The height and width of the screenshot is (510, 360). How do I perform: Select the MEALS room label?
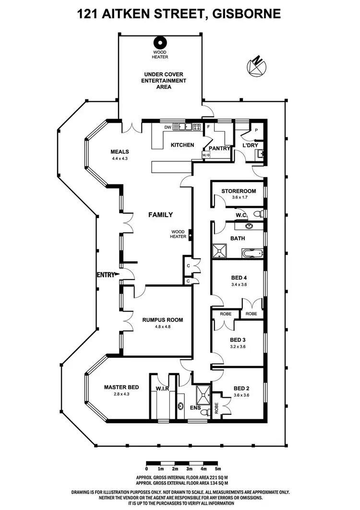click(120, 152)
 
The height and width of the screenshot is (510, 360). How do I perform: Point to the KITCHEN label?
click(182, 145)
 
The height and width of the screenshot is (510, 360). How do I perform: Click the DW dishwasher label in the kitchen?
click(168, 127)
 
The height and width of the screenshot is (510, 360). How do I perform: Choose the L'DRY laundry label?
click(251, 145)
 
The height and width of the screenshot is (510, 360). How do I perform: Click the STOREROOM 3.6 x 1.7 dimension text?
click(239, 197)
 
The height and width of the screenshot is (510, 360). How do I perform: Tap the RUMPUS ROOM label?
click(162, 320)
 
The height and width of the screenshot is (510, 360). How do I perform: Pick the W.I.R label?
click(162, 388)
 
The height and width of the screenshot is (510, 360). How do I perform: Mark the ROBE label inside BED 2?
click(216, 402)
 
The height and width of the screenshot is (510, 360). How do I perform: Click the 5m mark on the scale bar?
click(218, 468)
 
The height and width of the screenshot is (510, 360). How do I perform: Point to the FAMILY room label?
click(160, 215)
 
